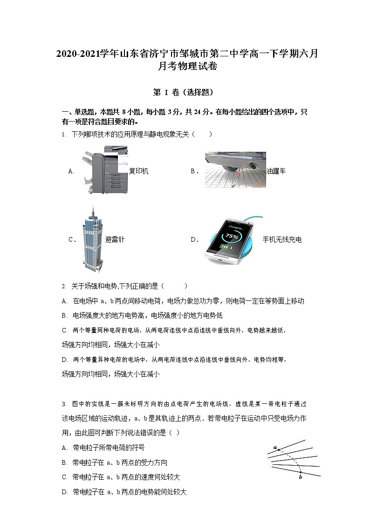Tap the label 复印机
138,171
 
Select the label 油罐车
276,171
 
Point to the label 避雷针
115,239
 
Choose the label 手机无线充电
282,239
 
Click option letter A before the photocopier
71,171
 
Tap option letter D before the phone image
194,239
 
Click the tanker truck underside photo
235,170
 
